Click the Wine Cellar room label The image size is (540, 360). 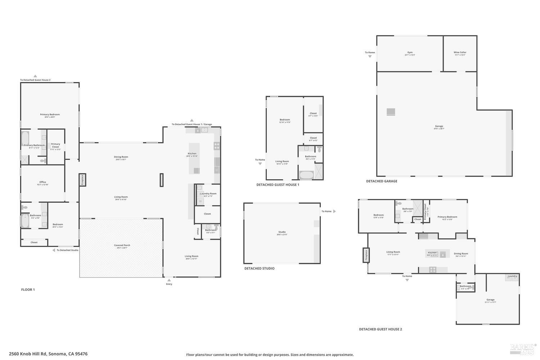(x=460, y=53)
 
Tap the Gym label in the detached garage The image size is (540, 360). (x=410, y=53)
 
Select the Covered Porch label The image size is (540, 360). (x=122, y=246)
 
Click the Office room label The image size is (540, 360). (x=42, y=182)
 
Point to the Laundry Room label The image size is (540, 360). (x=208, y=194)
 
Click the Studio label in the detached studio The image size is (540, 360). (x=282, y=232)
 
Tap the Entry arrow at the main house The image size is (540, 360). (x=169, y=280)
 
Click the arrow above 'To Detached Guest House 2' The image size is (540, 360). (x=35, y=76)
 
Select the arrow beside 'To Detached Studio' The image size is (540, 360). (x=54, y=250)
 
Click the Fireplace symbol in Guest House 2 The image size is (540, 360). (x=366, y=255)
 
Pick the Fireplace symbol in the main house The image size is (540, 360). (x=82, y=180)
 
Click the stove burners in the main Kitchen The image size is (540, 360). (x=217, y=146)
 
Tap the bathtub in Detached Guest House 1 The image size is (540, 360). (x=306, y=175)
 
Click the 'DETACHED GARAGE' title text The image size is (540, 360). (x=382, y=181)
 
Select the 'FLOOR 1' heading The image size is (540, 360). (x=28, y=290)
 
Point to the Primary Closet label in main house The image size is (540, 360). (x=55, y=145)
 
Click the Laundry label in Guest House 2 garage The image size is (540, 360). (x=512, y=276)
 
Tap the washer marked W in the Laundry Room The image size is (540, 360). (x=201, y=201)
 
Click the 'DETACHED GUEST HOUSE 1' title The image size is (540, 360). (x=278, y=185)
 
